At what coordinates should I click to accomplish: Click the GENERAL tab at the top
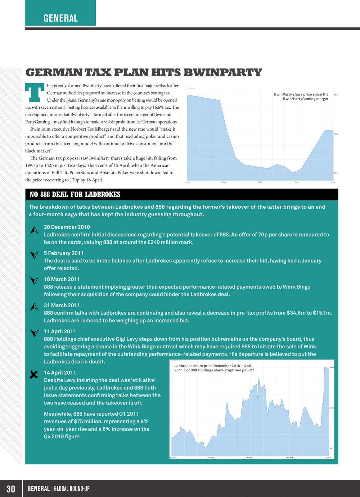pos(60,18)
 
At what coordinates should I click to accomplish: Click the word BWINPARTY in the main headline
pos(222,73)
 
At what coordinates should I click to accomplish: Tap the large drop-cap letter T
pos(34,92)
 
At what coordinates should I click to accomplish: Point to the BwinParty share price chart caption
pos(301,96)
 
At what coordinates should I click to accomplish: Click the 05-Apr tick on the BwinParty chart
pos(224,182)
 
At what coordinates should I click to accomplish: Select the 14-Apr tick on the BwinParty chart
pos(297,182)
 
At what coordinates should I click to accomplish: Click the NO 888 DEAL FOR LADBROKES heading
pos(75,195)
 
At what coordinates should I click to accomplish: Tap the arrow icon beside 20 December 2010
pos(34,231)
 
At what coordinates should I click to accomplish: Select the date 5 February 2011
pos(64,253)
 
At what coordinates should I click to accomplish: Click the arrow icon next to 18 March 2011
pos(34,280)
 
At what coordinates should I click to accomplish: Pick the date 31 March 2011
pos(62,305)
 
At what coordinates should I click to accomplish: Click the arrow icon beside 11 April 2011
pos(34,333)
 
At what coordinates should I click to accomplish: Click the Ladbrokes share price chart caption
pos(213,368)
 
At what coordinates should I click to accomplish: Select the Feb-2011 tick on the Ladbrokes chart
pos(250,458)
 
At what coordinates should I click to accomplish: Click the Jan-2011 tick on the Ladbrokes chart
pos(211,458)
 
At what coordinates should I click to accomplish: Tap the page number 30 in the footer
pos(11,488)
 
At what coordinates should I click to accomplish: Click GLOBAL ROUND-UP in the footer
pos(72,488)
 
